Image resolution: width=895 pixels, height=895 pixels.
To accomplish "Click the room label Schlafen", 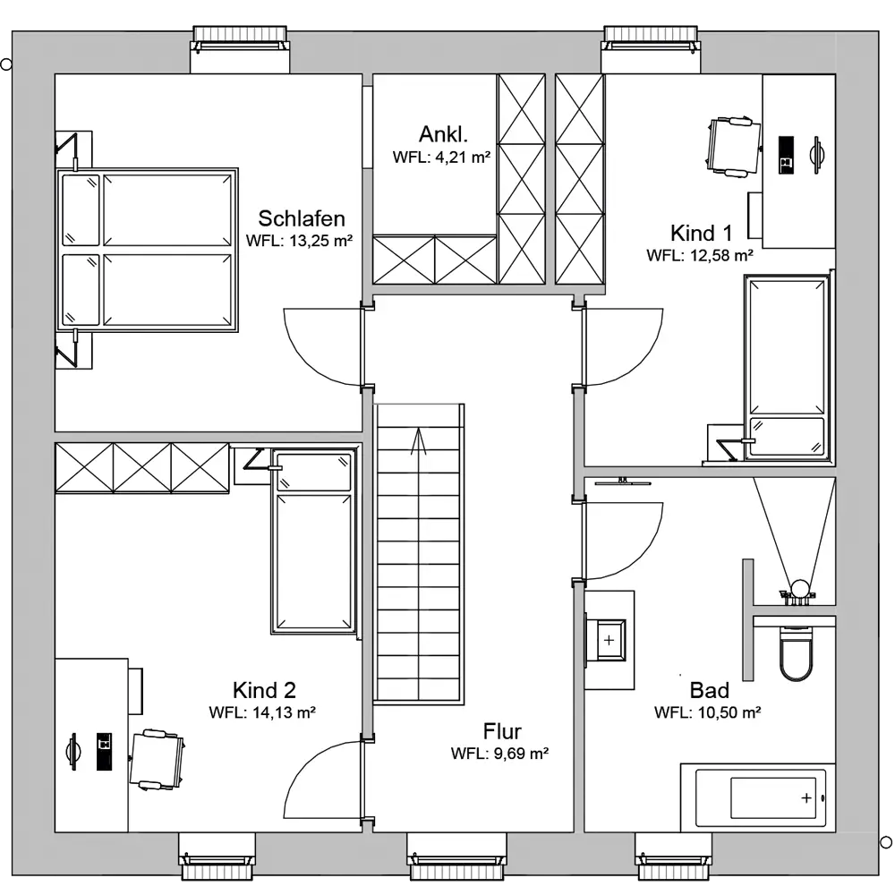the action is (x=302, y=218).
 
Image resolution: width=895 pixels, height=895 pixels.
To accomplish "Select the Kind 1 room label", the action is (x=701, y=233).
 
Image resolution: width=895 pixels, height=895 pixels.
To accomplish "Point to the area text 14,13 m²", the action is (x=284, y=712).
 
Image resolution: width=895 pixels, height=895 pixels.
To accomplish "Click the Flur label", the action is (x=502, y=731).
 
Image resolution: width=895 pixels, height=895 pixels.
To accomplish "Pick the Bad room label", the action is (x=710, y=690).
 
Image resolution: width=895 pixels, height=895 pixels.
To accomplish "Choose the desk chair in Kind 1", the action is (x=734, y=148).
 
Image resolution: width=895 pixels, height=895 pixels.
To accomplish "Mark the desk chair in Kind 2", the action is (x=157, y=759).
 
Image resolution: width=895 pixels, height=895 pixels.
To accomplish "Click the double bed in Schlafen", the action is (x=147, y=250).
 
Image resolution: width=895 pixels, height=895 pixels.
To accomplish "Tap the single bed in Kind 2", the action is (x=313, y=541).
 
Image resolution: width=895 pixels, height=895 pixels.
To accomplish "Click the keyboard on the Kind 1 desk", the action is (x=786, y=155).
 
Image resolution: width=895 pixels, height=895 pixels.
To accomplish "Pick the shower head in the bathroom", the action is (x=799, y=588).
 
